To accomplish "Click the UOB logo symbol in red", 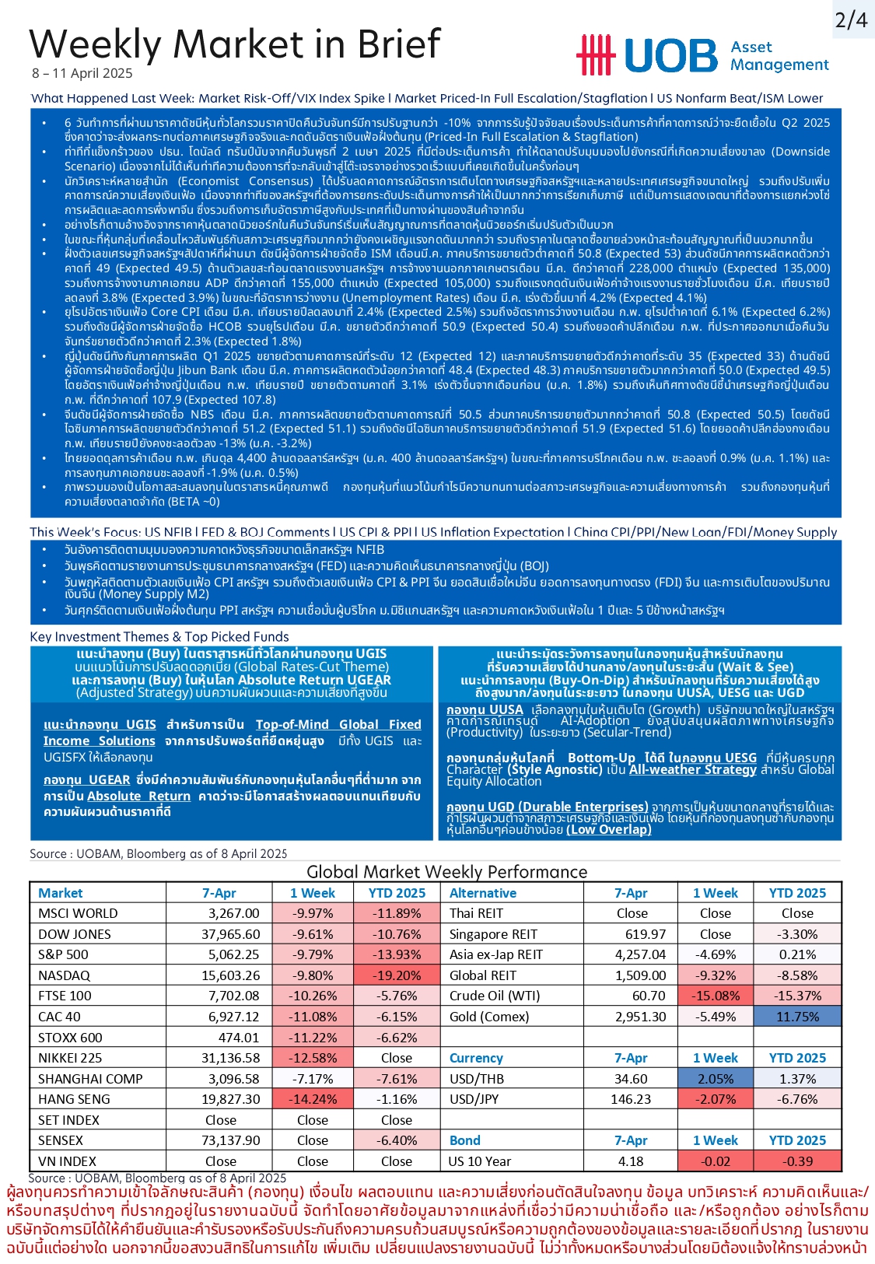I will tap(595, 54).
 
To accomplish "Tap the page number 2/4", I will tap(851, 19).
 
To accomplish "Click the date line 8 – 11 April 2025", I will tap(82, 74).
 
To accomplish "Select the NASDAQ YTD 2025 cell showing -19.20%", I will tap(397, 975).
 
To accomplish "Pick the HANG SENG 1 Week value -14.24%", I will tap(313, 1099).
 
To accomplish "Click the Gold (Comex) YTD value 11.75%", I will tap(797, 1017).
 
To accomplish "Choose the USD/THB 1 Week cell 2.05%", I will tap(716, 1079).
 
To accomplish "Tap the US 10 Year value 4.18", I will tap(631, 1161).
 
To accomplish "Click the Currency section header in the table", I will tap(476, 1058).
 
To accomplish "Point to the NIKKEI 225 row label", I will tap(70, 1058).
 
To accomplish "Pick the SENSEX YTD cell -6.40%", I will tap(397, 1140).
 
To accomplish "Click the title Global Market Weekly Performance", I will tap(441, 872).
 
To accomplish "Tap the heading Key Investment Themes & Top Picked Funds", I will tap(159, 636).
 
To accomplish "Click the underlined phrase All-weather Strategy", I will tap(692, 769).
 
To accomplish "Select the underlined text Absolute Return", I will tap(138, 796).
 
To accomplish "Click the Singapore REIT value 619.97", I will tap(646, 934).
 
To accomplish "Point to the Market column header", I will tap(60, 893).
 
